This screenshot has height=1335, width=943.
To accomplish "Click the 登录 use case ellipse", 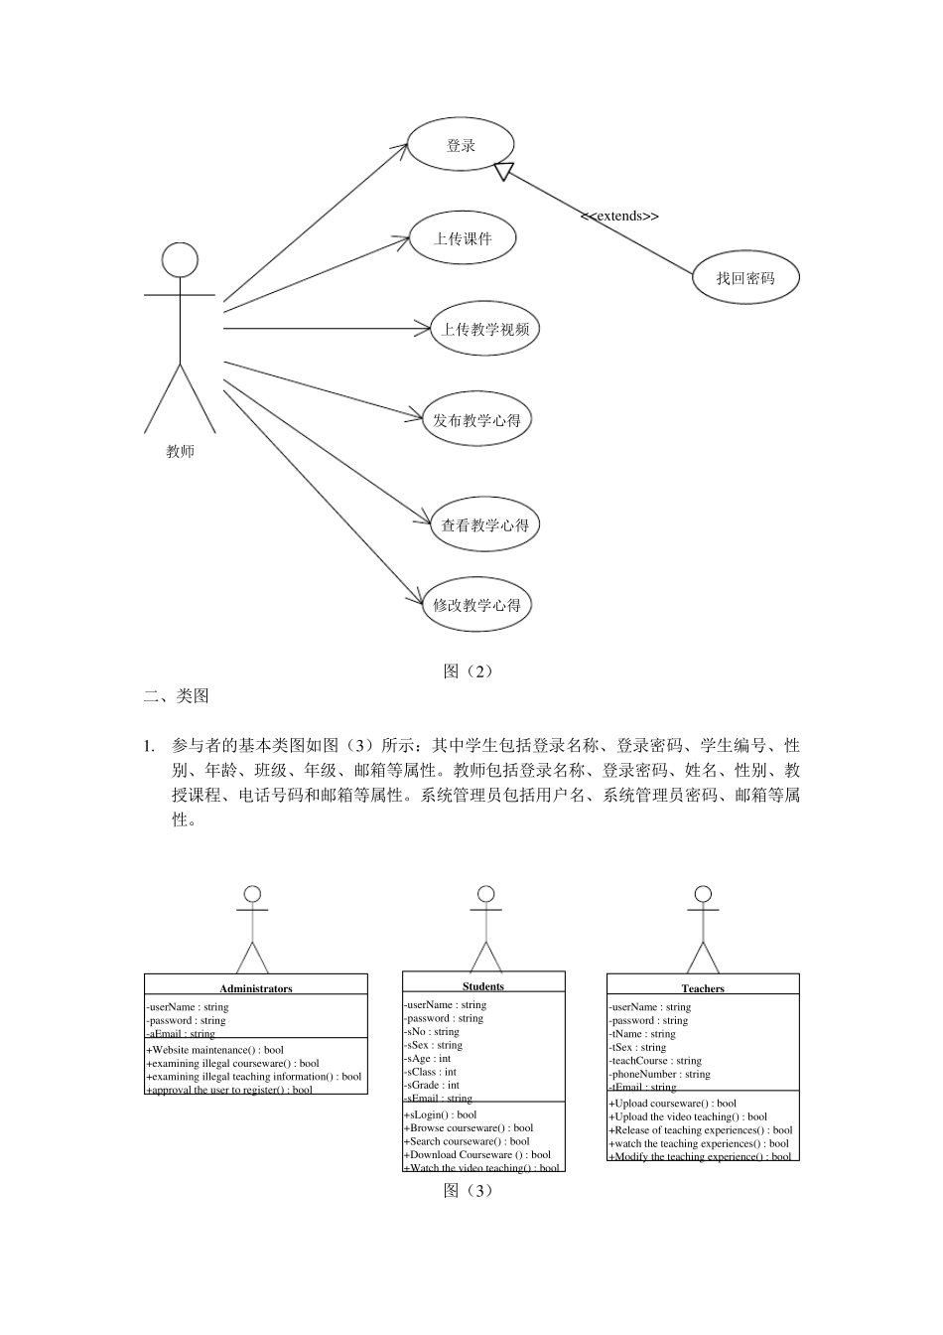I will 462,145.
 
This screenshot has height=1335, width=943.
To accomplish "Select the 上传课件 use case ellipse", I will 464,238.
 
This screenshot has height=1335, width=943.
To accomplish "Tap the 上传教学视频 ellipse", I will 485,330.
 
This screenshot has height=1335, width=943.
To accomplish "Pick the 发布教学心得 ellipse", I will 476,420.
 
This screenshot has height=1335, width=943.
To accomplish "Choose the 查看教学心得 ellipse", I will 484,524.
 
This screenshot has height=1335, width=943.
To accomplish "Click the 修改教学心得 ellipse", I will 476,605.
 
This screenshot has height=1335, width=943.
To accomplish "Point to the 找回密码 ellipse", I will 744,278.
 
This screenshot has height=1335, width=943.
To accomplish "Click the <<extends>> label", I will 619,216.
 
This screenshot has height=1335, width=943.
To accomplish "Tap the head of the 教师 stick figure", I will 180,260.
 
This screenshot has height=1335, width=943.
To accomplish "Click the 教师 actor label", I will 180,452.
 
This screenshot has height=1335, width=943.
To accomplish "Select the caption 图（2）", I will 468,671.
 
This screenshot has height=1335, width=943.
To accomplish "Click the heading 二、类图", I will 176,696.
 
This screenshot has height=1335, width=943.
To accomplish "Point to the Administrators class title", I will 256,988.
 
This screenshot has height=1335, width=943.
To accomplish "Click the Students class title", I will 483,986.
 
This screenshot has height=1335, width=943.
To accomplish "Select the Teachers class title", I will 703,988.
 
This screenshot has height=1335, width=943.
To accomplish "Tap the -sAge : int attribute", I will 429,1059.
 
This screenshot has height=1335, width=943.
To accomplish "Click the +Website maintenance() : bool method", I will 215,1049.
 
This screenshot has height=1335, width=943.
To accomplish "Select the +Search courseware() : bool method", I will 469,1141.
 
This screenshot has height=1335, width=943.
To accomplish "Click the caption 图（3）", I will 468,1190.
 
